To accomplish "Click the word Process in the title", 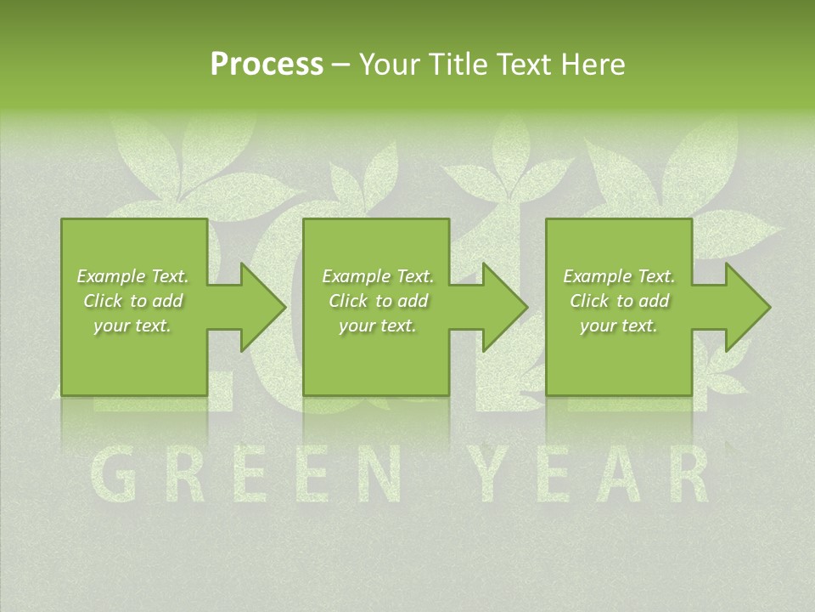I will click(267, 65).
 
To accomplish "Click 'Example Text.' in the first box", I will click(132, 276).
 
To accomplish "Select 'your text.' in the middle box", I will click(377, 326).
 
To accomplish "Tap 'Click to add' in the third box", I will click(620, 301).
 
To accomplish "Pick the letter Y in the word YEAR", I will click(497, 476).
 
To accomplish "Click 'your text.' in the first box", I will click(132, 326).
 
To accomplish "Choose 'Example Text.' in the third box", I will click(619, 276).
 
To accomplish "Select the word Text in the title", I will click(524, 65).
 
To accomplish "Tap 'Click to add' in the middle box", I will click(378, 301).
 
